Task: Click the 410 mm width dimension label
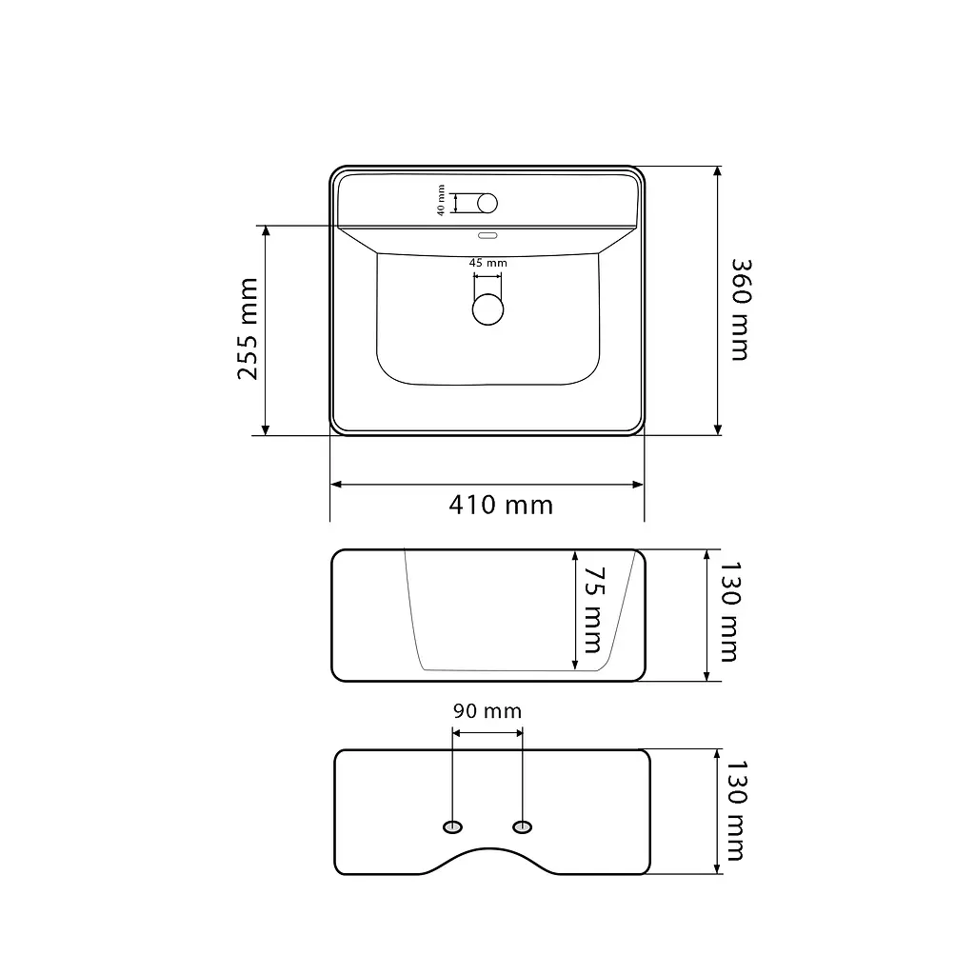pos(501,505)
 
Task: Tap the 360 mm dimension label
pos(741,309)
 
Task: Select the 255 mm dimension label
pos(248,328)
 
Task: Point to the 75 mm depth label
pos(594,609)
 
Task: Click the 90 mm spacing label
pos(487,710)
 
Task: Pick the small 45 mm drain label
pos(488,263)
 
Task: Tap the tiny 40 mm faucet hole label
pos(441,200)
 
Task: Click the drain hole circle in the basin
pos(487,309)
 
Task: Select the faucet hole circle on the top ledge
pos(487,204)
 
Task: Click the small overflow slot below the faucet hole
pos(487,236)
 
